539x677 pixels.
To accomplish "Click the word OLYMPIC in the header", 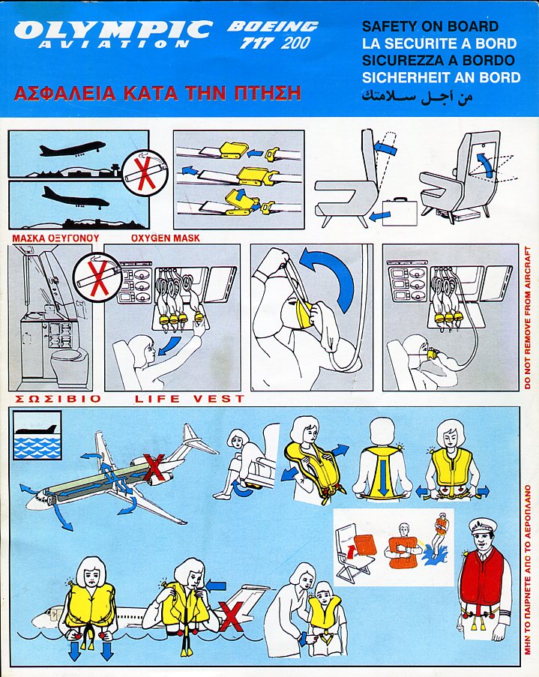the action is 113,30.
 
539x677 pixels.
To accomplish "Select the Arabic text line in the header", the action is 418,96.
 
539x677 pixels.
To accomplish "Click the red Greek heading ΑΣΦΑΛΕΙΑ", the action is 64,93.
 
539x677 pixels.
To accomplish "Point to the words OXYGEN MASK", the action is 166,238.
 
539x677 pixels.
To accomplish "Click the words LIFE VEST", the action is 190,399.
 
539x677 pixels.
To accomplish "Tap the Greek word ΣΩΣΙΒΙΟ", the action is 58,399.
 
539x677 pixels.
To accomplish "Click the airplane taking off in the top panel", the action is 72,149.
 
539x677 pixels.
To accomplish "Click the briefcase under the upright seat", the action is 399,211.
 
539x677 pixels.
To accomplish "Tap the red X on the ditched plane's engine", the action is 154,468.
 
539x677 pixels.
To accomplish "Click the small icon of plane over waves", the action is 37,435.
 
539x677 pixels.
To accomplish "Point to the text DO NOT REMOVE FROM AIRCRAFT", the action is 527,318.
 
